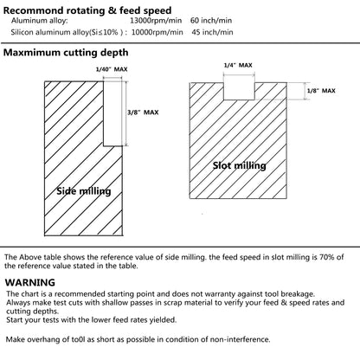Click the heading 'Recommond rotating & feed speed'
pos(87,10)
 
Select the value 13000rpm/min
pos(156,21)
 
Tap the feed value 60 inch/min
pos(211,21)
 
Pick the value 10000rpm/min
pos(157,32)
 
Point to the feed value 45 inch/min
pos(212,32)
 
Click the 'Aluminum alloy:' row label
pos(40,21)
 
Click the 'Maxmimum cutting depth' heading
pos(66,53)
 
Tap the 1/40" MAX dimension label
pos(112,69)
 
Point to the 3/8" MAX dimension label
pos(143,112)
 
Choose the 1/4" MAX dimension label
pos(238,65)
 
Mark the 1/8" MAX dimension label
pos(321,91)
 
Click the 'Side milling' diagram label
pos(84,191)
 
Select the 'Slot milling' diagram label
pos(240,165)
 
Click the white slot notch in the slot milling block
pos(239,91)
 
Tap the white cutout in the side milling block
pos(112,113)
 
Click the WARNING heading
pos(30,282)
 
